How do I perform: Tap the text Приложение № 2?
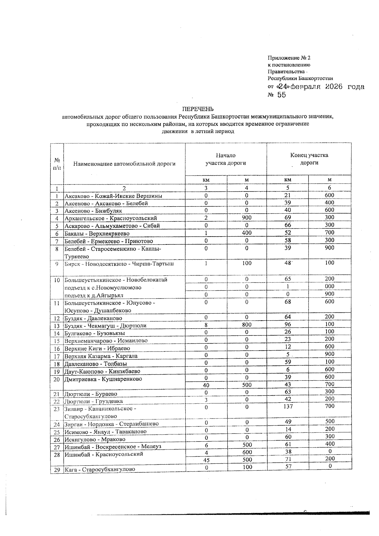coord(289,58)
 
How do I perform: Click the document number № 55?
coord(277,95)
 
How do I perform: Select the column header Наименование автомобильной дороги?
coord(124,164)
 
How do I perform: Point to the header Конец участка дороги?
coord(309,159)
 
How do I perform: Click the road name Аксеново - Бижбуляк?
coord(93,211)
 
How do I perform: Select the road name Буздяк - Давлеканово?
coord(93,318)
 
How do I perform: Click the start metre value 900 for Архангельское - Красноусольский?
coord(247,218)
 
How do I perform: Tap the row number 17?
coord(57,356)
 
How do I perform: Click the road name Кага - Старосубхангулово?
coord(100,469)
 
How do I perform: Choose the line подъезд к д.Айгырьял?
coord(94,295)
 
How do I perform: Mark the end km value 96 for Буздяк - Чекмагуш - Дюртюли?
coord(287,324)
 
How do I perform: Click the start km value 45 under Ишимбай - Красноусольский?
coord(206,460)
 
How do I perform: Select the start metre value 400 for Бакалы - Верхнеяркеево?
coord(247,233)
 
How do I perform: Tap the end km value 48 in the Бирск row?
coord(287,263)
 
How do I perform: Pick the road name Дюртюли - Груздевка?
coord(93,401)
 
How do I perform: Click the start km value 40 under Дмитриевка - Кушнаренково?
coord(206,385)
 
